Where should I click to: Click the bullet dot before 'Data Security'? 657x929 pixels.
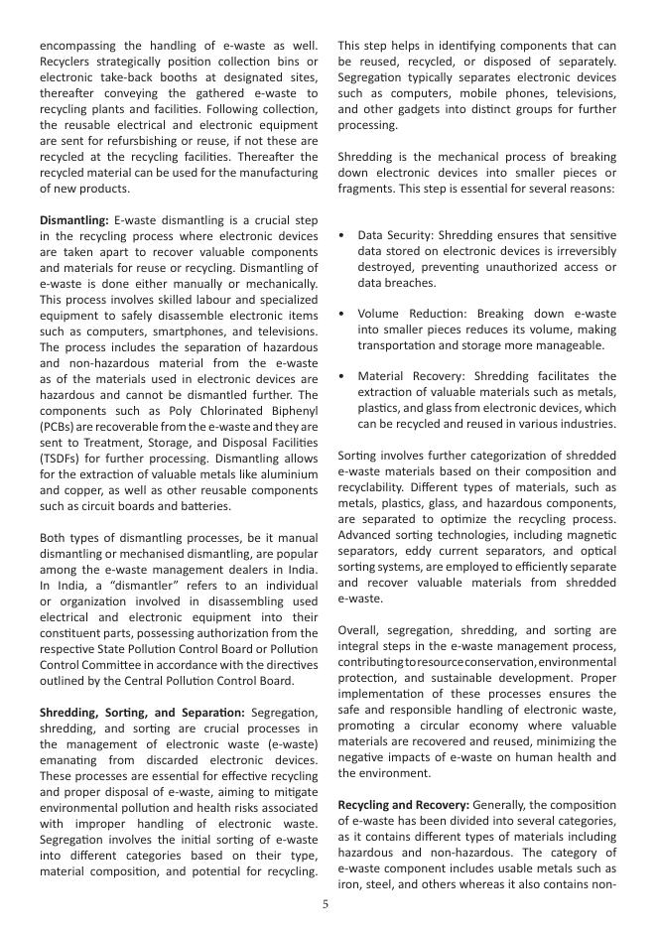pyautogui.click(x=342, y=235)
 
